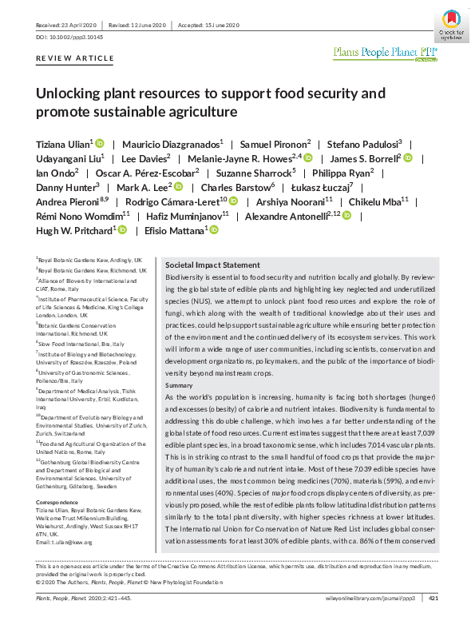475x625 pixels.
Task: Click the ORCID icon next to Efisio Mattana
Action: tap(213, 230)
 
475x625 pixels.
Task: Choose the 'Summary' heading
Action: tap(180, 386)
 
